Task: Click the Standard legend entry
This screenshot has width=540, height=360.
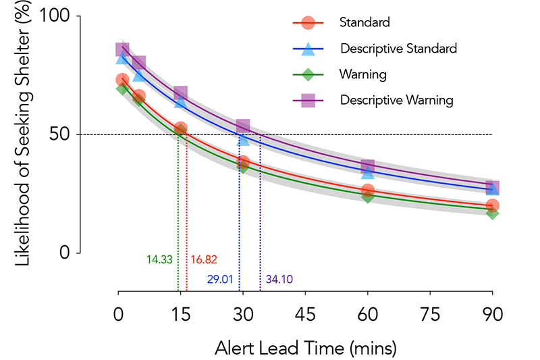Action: pos(365,22)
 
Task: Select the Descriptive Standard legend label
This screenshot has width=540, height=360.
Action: pos(399,48)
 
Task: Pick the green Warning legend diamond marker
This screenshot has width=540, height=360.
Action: pos(308,74)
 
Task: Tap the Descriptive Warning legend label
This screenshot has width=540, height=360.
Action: pos(397,99)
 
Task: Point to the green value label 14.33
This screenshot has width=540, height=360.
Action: pos(160,259)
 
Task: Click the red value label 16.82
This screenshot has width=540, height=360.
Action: pos(203,259)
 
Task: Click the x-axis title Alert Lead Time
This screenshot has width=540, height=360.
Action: pos(305,348)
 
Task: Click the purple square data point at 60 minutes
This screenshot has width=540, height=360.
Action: pos(368,166)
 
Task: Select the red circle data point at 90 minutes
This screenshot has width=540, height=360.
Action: pos(492,205)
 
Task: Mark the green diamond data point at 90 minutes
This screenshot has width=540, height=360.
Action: pos(492,213)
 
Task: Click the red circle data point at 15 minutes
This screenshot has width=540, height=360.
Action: pos(180,128)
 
